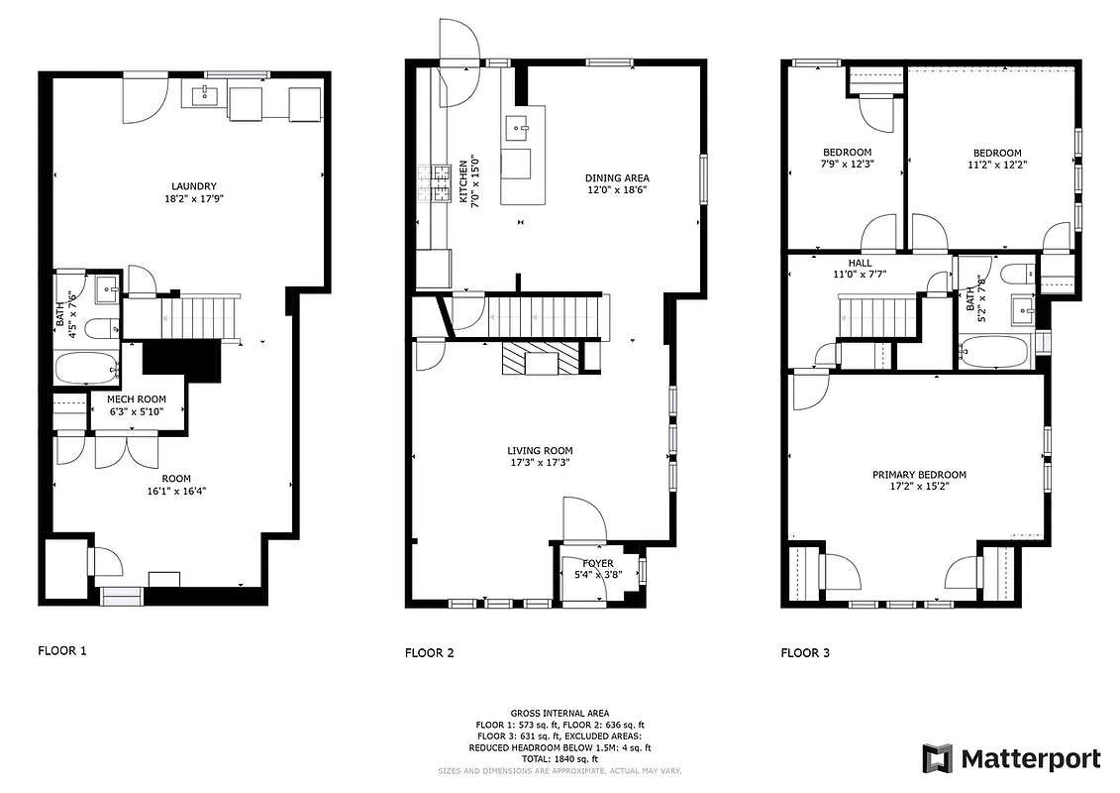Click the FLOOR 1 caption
click(x=62, y=651)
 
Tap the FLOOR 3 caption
click(x=805, y=652)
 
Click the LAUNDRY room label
click(x=193, y=186)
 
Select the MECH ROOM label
click(x=137, y=399)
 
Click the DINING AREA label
click(x=617, y=178)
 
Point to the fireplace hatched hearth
click(x=539, y=358)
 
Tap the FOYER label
click(x=597, y=563)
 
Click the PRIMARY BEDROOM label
click(x=919, y=475)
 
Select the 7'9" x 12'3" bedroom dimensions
click(x=846, y=165)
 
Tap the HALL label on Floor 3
click(x=860, y=263)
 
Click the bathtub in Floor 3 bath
click(x=994, y=352)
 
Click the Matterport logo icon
click(x=937, y=758)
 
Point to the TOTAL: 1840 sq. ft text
click(x=560, y=758)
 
